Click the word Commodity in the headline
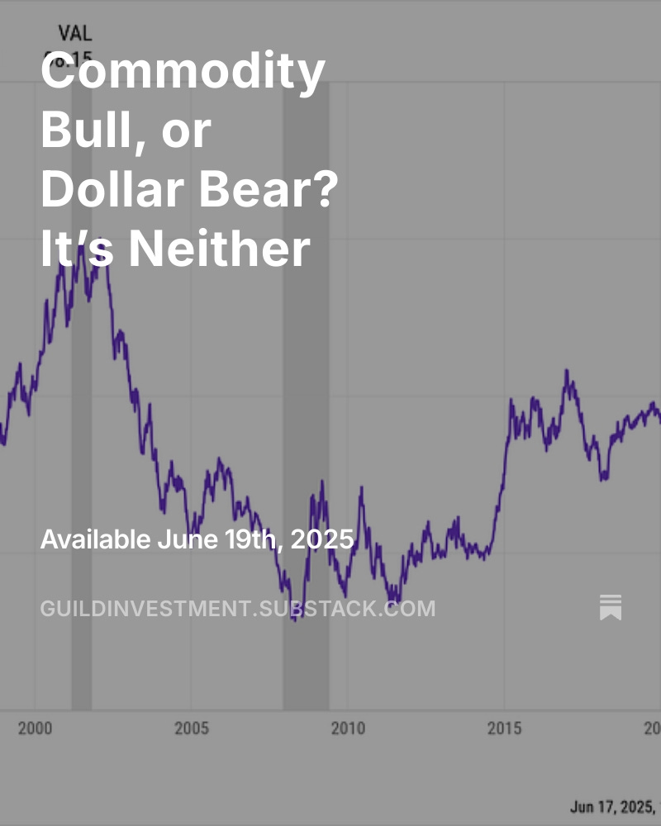(183, 73)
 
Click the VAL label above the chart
(74, 34)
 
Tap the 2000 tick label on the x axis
(35, 729)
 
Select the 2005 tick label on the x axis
(191, 729)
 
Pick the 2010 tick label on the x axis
(347, 729)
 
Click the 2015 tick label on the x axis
(504, 729)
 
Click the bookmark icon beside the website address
(611, 607)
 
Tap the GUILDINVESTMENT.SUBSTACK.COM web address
(237, 609)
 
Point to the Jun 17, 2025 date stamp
(613, 805)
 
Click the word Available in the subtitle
(95, 539)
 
